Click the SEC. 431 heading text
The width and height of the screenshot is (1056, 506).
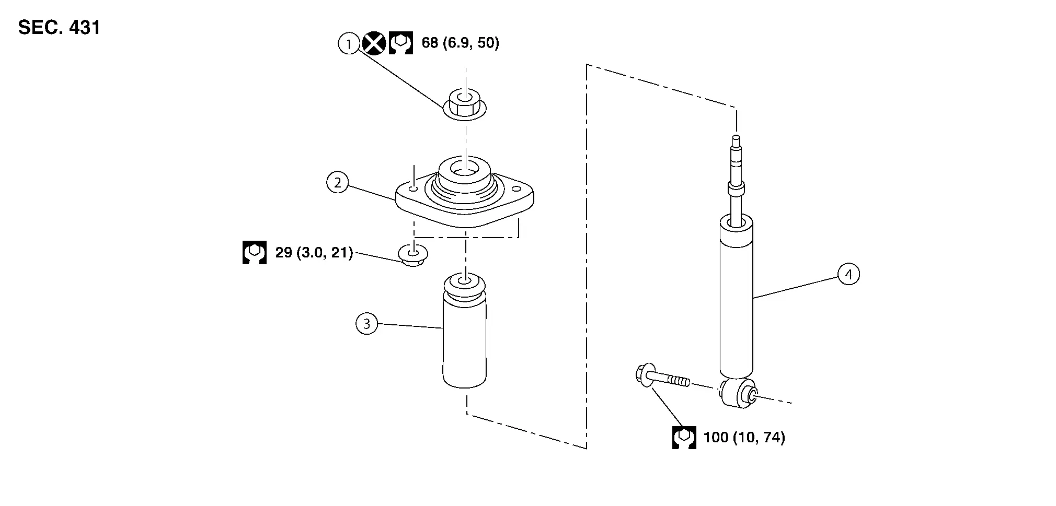coord(59,27)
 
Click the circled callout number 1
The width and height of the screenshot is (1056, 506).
coord(349,43)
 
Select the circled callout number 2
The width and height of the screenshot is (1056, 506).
coord(337,183)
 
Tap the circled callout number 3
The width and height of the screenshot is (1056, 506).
coord(366,324)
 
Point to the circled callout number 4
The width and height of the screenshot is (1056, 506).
coord(848,274)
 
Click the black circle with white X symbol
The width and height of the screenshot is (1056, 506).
coord(374,43)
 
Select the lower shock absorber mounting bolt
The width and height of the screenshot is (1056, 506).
coord(661,379)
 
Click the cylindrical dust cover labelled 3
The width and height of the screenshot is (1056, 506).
coord(464,345)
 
